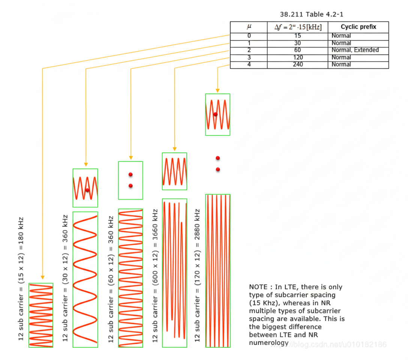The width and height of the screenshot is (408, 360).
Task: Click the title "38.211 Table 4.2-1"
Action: [x=312, y=15]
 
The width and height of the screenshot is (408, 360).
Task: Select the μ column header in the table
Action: [x=249, y=27]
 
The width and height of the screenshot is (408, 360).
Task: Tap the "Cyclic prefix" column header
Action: [x=358, y=27]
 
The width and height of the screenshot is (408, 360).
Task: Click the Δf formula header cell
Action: [x=297, y=27]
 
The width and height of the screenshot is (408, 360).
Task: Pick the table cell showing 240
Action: [x=297, y=64]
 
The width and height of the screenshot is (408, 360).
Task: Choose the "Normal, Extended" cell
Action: [x=355, y=50]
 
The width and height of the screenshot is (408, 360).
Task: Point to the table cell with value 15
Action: [x=297, y=36]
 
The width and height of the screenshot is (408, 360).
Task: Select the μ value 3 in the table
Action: [x=249, y=57]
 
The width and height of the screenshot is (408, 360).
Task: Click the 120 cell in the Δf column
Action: [x=297, y=57]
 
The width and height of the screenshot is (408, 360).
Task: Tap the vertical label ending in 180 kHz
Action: [x=21, y=279]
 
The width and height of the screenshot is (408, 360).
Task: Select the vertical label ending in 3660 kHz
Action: [x=155, y=275]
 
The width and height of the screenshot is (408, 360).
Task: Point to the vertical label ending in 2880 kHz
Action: [x=198, y=275]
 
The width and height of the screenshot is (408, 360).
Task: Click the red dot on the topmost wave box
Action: [x=215, y=114]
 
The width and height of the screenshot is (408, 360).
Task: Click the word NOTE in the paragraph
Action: [x=258, y=287]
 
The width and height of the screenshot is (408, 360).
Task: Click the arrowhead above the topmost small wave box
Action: [x=217, y=90]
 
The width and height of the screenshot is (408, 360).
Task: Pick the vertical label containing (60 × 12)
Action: [x=111, y=279]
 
